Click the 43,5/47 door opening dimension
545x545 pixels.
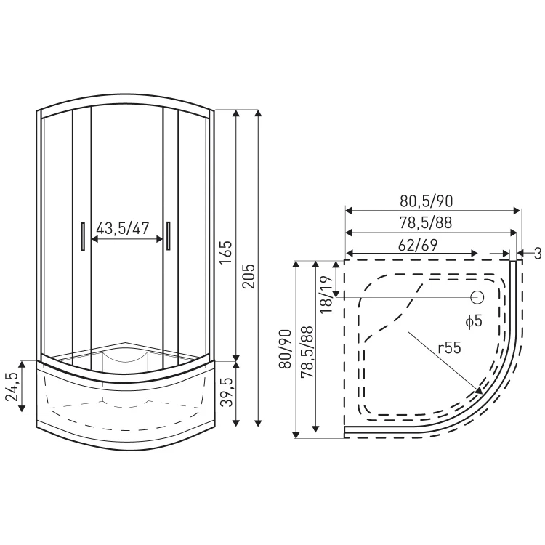tap(122, 228)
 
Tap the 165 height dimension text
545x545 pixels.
tap(226, 252)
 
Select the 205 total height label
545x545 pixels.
tap(249, 276)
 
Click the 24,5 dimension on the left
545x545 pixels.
tap(12, 386)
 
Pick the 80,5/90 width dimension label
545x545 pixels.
tap(426, 201)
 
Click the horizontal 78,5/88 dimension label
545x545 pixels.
tap(425, 223)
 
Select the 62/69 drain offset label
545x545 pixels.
tap(417, 245)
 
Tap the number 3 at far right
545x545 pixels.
tap(537, 254)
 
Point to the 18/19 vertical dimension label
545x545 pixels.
tap(326, 295)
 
